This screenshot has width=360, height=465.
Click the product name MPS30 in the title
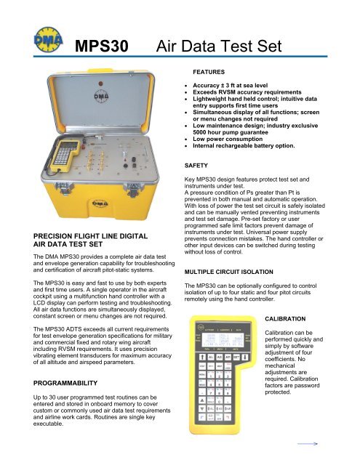[x=102, y=48]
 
